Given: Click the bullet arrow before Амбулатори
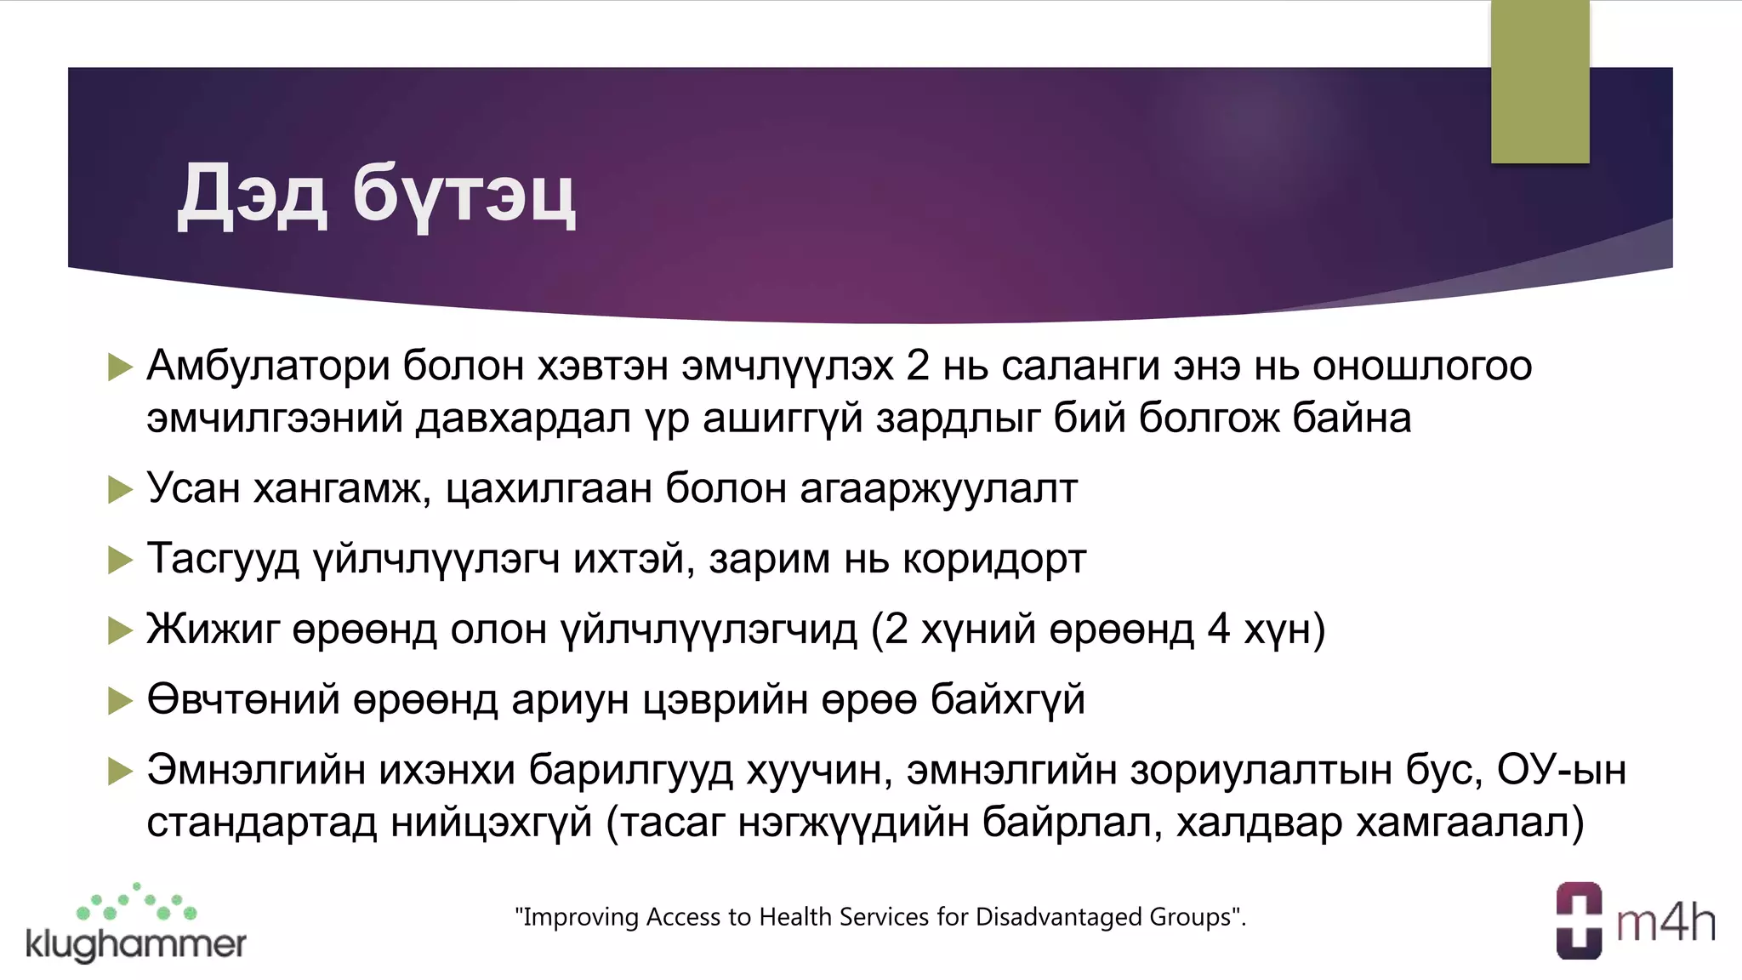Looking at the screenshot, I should [121, 367].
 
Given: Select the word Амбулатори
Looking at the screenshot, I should [269, 367].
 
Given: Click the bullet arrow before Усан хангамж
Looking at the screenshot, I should [121, 489].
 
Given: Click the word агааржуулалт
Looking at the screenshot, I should [938, 489].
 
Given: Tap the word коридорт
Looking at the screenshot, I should [994, 559].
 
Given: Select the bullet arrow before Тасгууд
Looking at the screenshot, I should [121, 560].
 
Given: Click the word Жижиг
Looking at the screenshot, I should [213, 630].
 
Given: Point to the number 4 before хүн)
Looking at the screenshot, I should [1219, 629].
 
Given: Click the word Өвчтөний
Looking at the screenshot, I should [243, 699].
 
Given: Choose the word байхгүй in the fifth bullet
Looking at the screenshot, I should [1008, 700].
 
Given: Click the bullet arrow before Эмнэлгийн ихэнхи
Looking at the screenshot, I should [121, 771].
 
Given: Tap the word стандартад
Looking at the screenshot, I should [261, 823].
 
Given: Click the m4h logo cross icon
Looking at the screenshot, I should [1579, 920].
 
